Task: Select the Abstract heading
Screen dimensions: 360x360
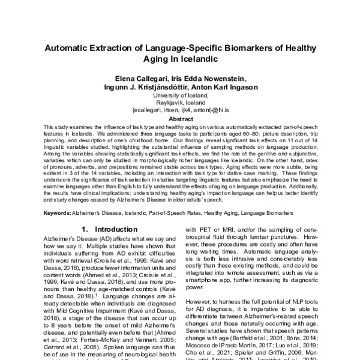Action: click(180, 119)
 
